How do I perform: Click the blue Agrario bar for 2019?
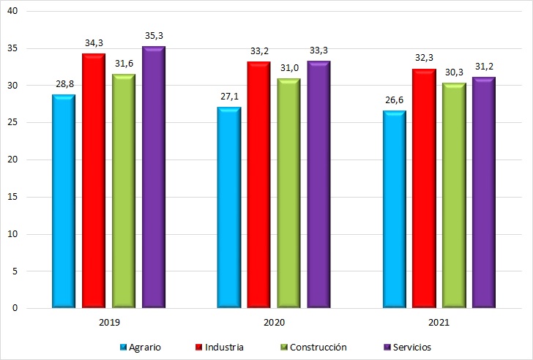pyautogui.click(x=64, y=201)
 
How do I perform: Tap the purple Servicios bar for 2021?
pyautogui.click(x=483, y=192)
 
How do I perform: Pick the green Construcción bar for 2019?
pyautogui.click(x=124, y=190)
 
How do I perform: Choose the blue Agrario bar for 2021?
pyautogui.click(x=394, y=209)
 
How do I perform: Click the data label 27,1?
pyautogui.click(x=228, y=96)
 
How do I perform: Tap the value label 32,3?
pyautogui.click(x=424, y=57)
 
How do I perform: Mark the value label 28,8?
pyautogui.click(x=64, y=83)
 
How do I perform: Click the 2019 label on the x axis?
pyautogui.click(x=108, y=322)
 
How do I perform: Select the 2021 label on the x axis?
pyautogui.click(x=439, y=322)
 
